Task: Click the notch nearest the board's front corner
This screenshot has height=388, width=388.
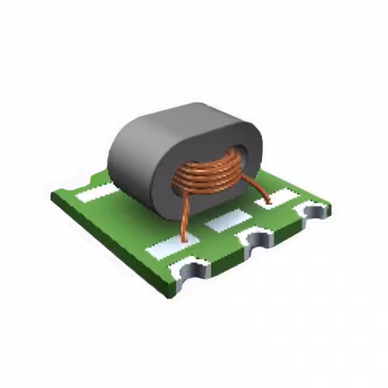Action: click(195, 271)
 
